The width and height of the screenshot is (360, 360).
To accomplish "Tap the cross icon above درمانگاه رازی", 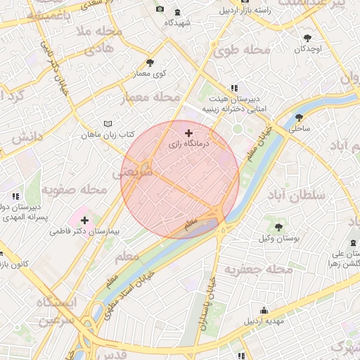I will tap(188, 132).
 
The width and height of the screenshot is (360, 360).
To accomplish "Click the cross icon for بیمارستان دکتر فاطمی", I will tap(85, 220).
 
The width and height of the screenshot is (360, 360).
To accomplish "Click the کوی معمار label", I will tap(150, 73).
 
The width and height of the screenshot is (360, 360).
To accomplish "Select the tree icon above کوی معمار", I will tap(150, 63).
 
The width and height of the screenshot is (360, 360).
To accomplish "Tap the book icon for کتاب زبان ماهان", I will tap(108, 123).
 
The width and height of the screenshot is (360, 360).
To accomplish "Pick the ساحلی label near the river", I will tap(300, 129).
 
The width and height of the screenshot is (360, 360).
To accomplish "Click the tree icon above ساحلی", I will tap(300, 117).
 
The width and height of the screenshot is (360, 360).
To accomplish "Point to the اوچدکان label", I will tap(308, 49).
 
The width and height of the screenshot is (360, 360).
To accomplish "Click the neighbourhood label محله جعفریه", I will tap(257, 269).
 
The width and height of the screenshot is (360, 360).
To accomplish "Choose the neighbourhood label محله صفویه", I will tap(73, 190).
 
